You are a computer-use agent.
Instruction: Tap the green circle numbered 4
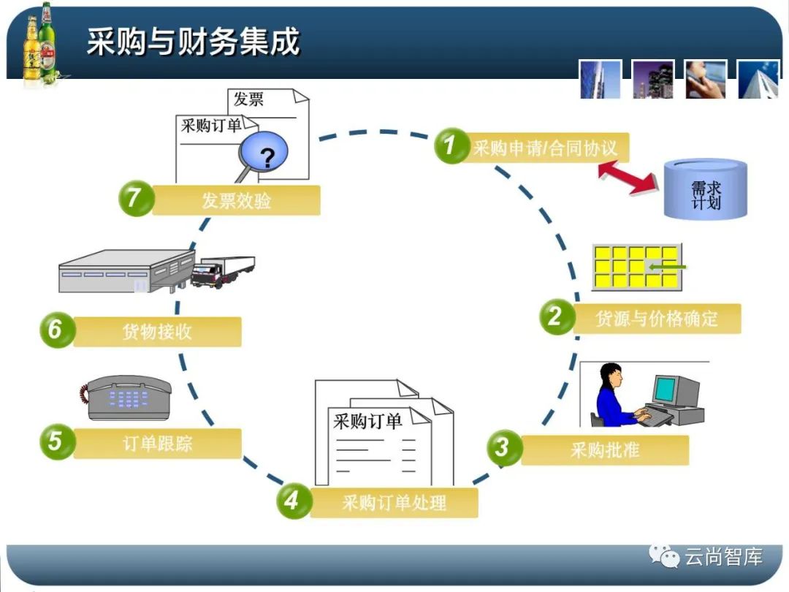click(292, 501)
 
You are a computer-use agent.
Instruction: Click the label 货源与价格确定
click(657, 319)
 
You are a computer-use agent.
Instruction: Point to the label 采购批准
click(605, 450)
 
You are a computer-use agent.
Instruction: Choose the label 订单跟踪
click(158, 444)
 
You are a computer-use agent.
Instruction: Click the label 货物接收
click(157, 332)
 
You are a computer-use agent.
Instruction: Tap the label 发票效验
click(236, 200)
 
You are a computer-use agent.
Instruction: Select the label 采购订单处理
click(394, 503)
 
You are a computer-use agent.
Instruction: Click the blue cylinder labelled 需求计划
click(706, 189)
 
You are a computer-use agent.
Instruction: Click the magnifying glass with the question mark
click(262, 156)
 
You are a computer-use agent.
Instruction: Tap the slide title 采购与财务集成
click(193, 42)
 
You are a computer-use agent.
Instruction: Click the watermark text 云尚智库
click(723, 558)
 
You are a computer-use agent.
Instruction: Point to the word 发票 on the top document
click(248, 99)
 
